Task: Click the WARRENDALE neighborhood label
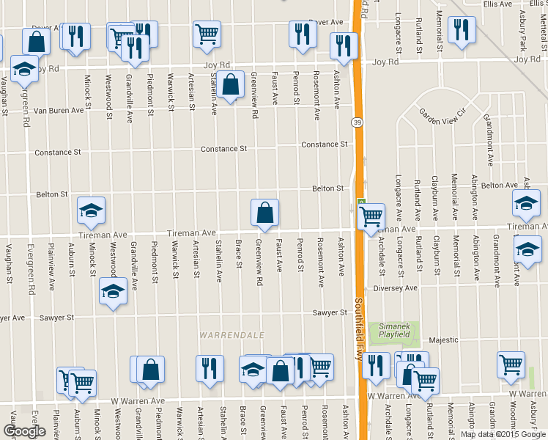click(232, 335)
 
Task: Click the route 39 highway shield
click(357, 121)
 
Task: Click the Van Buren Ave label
click(60, 111)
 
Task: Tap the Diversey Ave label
click(394, 288)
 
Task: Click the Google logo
click(24, 431)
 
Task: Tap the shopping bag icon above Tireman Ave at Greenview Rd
click(264, 213)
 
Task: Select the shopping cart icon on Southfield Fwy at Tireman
click(371, 216)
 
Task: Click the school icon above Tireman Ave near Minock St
click(92, 210)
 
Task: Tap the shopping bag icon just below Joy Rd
click(231, 84)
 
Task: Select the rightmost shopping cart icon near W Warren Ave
click(511, 364)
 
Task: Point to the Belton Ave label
click(500, 185)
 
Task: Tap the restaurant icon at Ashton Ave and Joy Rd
click(343, 45)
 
